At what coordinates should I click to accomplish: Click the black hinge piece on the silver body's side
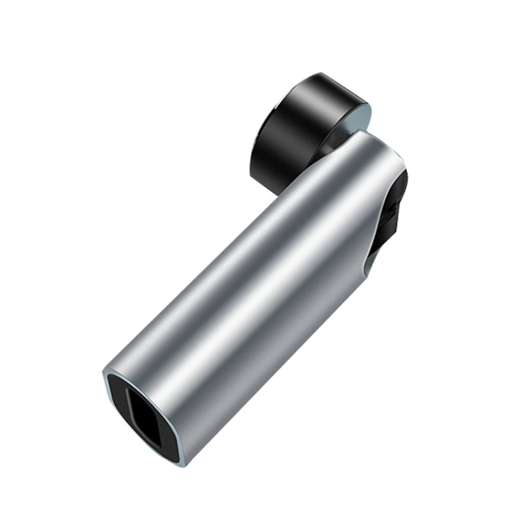pos(392,215)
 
